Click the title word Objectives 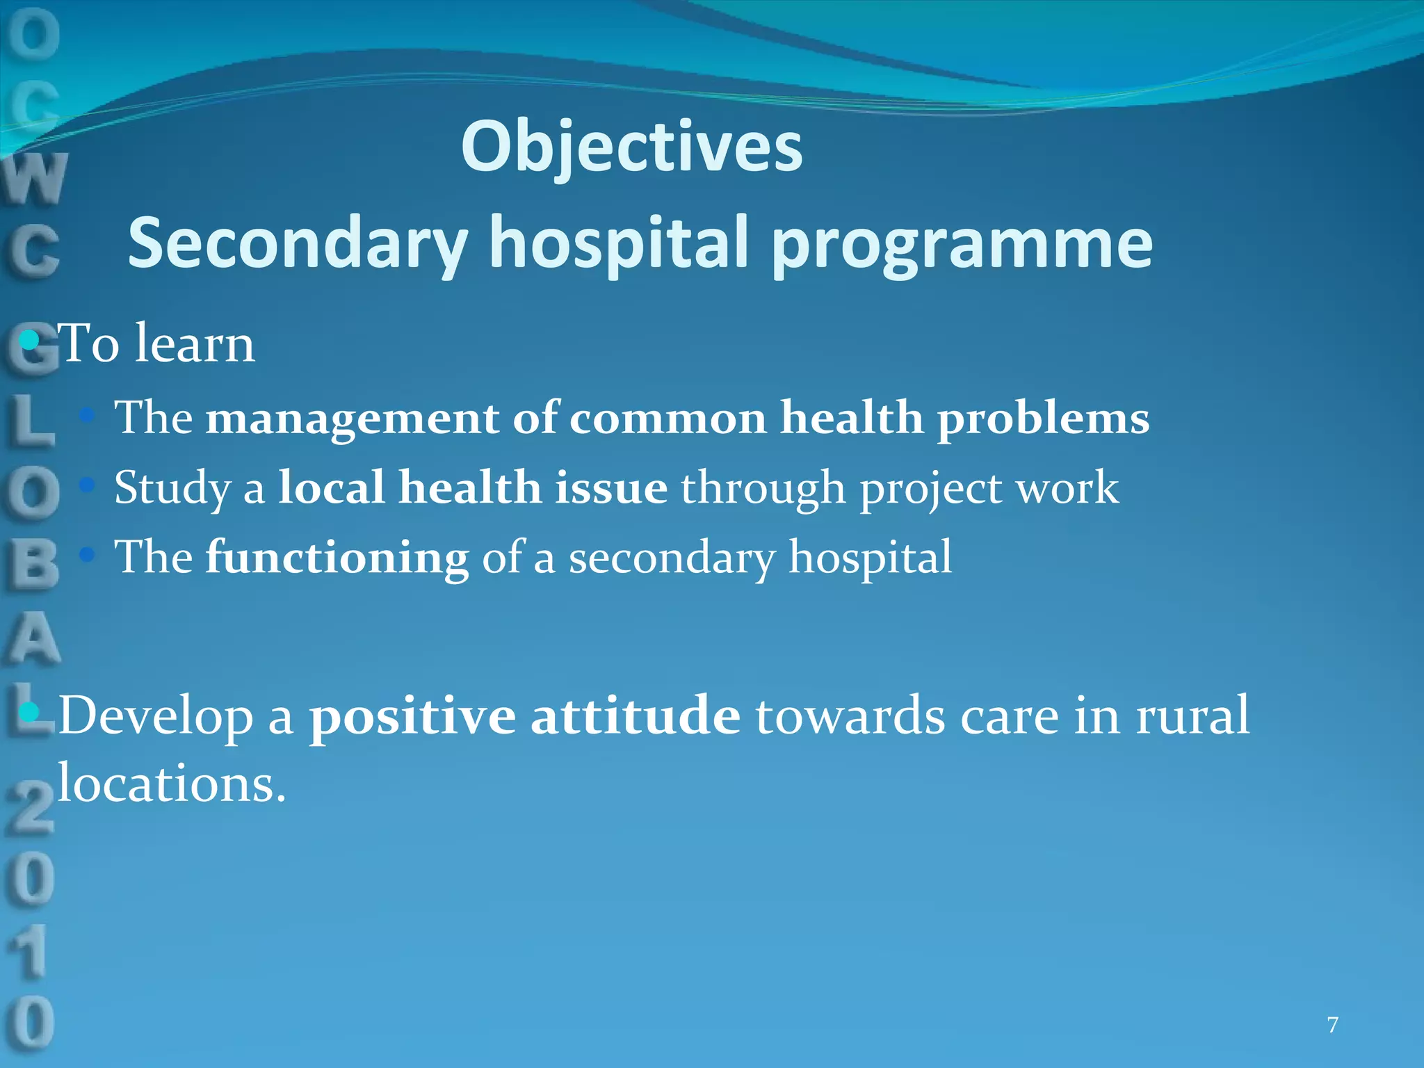point(631,147)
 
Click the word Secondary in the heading point(298,243)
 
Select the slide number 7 point(1332,1025)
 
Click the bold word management point(353,419)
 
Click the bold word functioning point(337,558)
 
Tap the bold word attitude point(636,716)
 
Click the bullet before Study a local point(87,485)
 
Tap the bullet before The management point(87,415)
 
